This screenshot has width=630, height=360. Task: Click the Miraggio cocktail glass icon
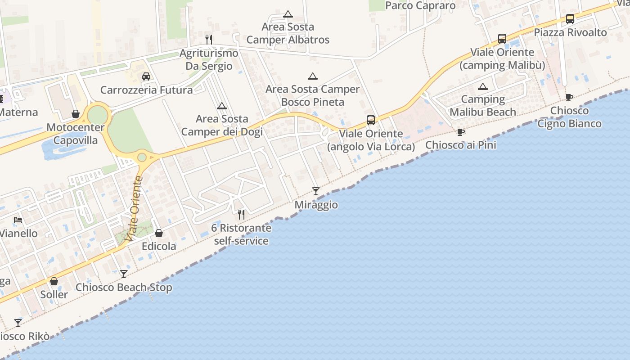pyautogui.click(x=316, y=191)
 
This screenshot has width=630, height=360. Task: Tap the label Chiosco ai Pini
pyautogui.click(x=460, y=145)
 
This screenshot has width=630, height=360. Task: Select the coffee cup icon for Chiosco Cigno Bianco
pyautogui.click(x=569, y=97)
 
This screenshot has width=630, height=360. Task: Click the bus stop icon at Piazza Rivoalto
pyautogui.click(x=570, y=19)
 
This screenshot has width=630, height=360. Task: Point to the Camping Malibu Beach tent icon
pyautogui.click(x=483, y=86)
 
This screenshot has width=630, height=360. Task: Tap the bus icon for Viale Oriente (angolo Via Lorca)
pyautogui.click(x=371, y=120)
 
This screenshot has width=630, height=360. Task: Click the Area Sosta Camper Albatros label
pyautogui.click(x=288, y=33)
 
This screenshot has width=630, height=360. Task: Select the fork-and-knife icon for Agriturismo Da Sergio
pyautogui.click(x=208, y=40)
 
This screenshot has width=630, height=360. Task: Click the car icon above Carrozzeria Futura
pyautogui.click(x=146, y=76)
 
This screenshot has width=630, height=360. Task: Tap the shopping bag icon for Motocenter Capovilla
pyautogui.click(x=76, y=114)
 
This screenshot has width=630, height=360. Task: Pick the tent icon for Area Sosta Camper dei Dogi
pyautogui.click(x=221, y=106)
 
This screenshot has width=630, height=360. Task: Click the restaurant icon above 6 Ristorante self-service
pyautogui.click(x=241, y=214)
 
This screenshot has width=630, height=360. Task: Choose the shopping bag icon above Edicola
pyautogui.click(x=159, y=233)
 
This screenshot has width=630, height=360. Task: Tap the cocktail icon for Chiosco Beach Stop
pyautogui.click(x=123, y=274)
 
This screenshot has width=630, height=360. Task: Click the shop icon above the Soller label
pyautogui.click(x=54, y=281)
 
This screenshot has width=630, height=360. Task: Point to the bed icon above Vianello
pyautogui.click(x=18, y=220)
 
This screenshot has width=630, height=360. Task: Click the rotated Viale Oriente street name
pyautogui.click(x=134, y=208)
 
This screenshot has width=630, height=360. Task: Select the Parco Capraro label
pyautogui.click(x=420, y=5)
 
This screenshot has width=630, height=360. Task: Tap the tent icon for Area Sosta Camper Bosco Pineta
pyautogui.click(x=312, y=76)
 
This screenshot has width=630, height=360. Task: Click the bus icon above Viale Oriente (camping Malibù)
pyautogui.click(x=502, y=39)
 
